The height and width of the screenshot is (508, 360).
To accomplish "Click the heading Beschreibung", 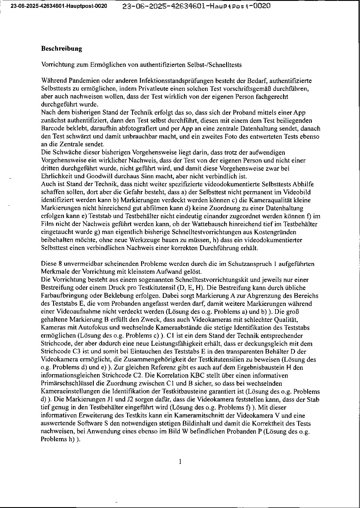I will tap(62, 49).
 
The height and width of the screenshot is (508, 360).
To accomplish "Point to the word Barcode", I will tap(51, 128).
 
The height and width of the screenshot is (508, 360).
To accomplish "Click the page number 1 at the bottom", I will tap(180, 462).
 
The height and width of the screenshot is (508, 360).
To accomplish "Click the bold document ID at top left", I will tap(59, 6).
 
